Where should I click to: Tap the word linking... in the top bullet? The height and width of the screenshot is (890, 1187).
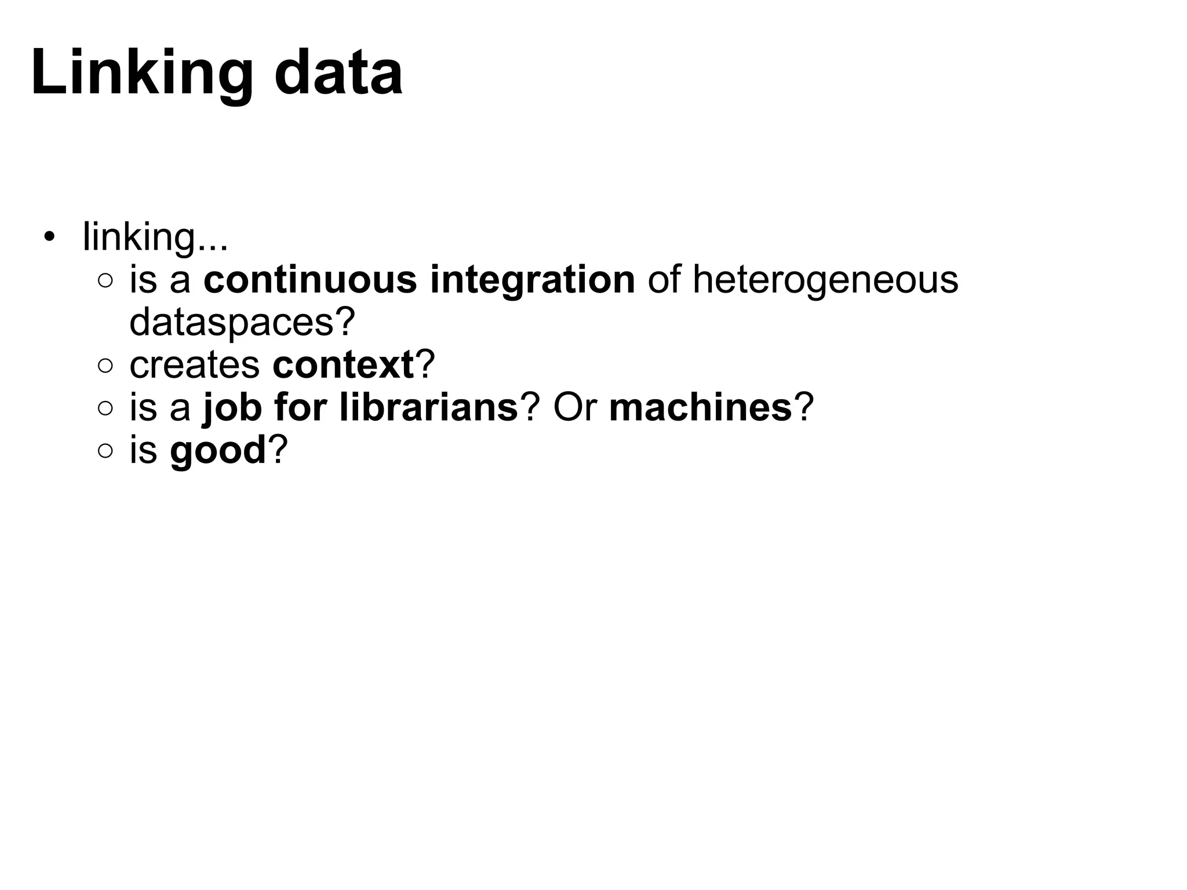(x=155, y=238)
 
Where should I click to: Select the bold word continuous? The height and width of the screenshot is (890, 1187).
(x=310, y=280)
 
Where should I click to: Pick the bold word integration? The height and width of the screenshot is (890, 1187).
(x=533, y=281)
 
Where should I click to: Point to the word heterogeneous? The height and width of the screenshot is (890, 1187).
(x=825, y=281)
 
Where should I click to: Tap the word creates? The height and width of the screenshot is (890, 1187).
(x=195, y=365)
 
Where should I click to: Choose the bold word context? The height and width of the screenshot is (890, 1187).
(x=343, y=365)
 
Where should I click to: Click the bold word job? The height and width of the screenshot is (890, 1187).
(x=232, y=408)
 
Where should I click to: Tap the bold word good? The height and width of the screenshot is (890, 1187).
(x=218, y=451)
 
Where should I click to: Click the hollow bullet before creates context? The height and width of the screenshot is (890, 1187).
(x=105, y=366)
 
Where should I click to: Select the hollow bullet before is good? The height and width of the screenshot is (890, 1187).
(x=105, y=451)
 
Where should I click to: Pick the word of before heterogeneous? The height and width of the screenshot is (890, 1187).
(x=664, y=280)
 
